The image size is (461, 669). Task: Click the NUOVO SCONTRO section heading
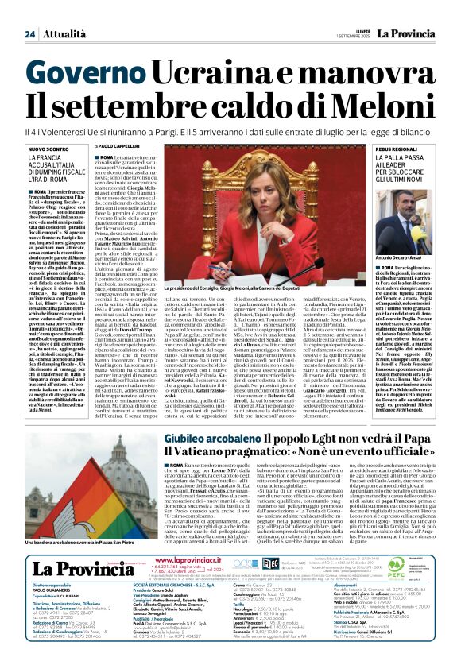point(48,149)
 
